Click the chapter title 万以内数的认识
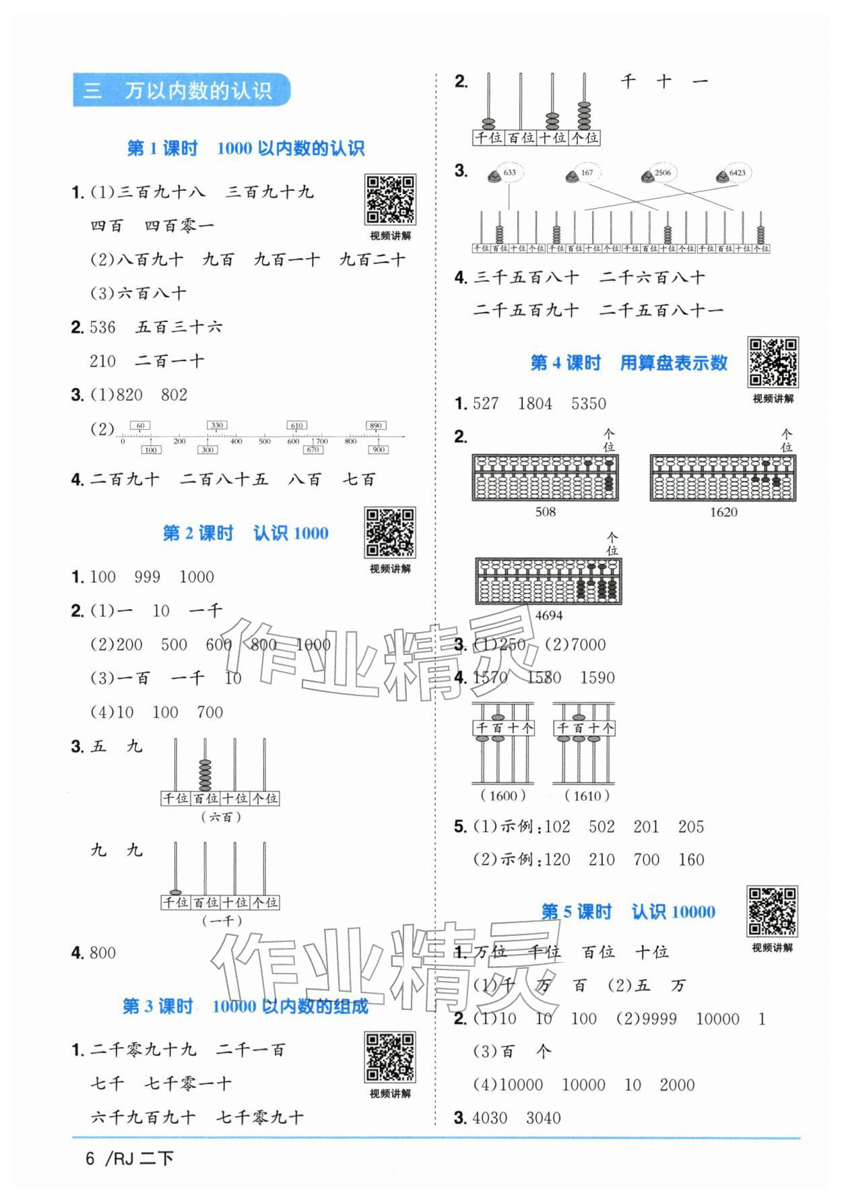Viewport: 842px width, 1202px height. [197, 90]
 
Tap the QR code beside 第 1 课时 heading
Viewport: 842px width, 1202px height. [390, 199]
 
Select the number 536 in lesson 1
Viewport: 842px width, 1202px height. [103, 328]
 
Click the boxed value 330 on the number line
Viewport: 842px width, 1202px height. [217, 425]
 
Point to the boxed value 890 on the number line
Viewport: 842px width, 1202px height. [376, 425]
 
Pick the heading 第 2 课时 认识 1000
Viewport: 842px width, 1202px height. [245, 534]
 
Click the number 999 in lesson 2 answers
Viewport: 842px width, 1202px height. [147, 577]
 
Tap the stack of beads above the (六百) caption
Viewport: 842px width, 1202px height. [205, 775]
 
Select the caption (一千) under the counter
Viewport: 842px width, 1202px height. [222, 921]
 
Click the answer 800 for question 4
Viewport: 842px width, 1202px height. [103, 953]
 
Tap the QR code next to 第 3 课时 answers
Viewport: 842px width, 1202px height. [390, 1056]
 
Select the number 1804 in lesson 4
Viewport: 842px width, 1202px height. [535, 404]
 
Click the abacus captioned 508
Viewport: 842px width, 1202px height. [545, 478]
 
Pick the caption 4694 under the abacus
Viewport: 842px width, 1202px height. [549, 615]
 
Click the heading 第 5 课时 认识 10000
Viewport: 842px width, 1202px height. [628, 912]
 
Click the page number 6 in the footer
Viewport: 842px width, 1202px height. [90, 1158]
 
